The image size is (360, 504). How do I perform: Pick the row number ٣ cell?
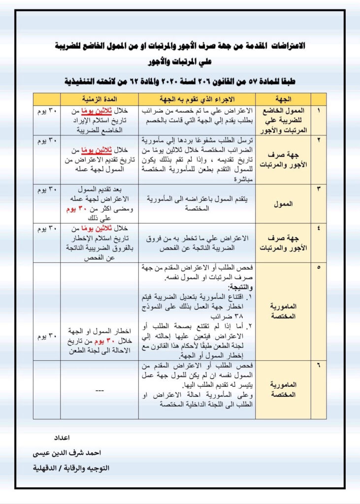pos(318,189)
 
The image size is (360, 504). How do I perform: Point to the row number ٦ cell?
pos(318,366)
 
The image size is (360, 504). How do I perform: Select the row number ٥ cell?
pos(318,268)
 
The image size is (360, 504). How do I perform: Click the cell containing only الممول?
pos(283,203)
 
